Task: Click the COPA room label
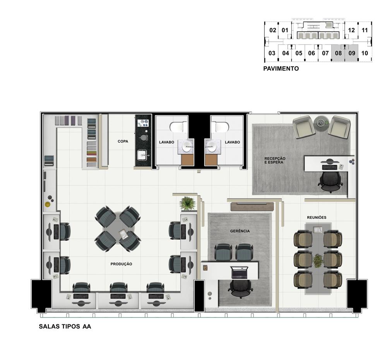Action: pos(123,141)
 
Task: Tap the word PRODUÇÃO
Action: pos(121,264)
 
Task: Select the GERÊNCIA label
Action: pos(240,231)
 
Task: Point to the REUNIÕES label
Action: pos(317,218)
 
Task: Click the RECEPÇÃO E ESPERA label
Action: pos(275,160)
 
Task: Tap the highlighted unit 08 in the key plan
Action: pos(338,53)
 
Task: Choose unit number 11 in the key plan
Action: pos(365,30)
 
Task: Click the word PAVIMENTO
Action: pos(281,69)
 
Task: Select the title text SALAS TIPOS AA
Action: pos(65,326)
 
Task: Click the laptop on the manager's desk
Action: pos(239,273)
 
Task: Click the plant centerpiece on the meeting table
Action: pos(317,261)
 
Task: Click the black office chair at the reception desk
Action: pos(330,182)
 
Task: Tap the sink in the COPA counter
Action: pos(142,155)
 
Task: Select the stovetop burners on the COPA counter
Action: pos(143,123)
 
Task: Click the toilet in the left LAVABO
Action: pos(178,127)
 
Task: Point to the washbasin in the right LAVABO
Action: pos(211,147)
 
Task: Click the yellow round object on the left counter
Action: pos(47,204)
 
